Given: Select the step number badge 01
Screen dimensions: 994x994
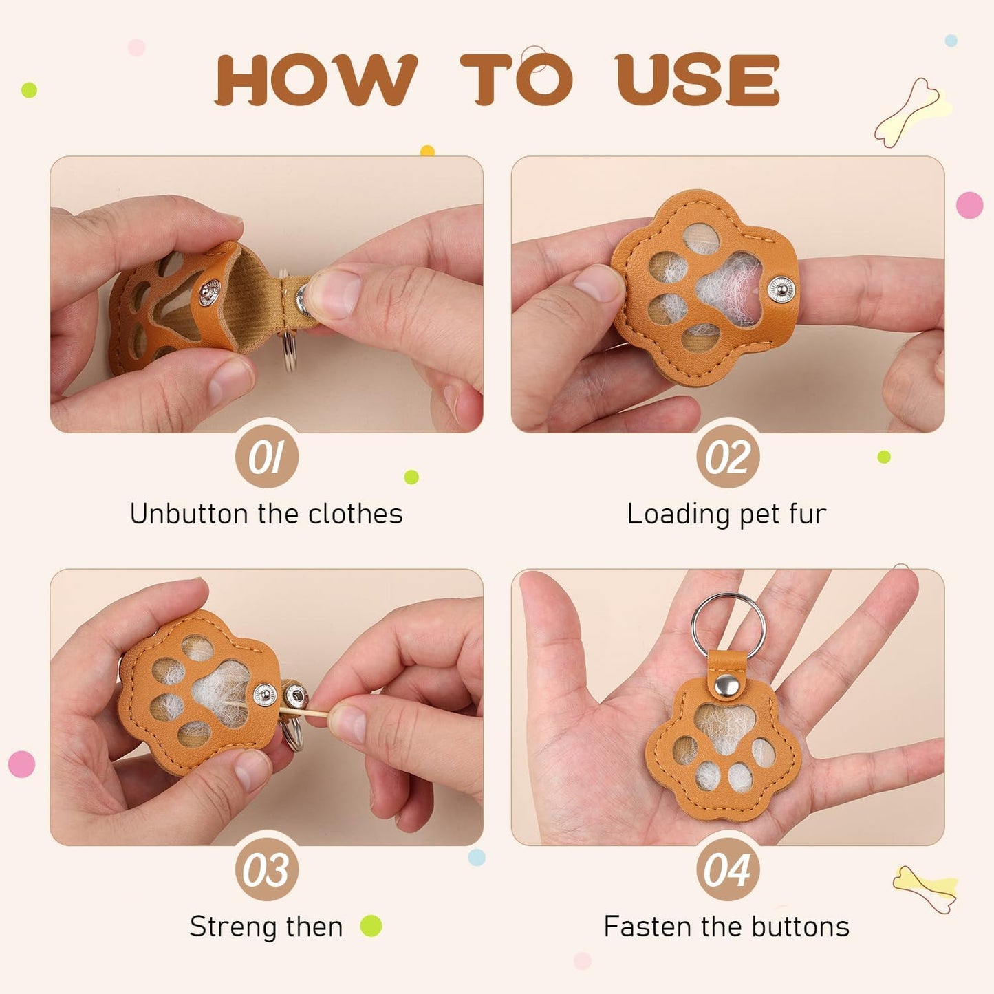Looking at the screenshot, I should pyautogui.click(x=266, y=457).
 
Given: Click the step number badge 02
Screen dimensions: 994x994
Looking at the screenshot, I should pyautogui.click(x=728, y=457).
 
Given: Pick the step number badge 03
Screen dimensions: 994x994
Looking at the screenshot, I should pyautogui.click(x=266, y=869).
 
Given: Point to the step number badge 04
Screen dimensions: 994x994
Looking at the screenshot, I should pyautogui.click(x=728, y=869).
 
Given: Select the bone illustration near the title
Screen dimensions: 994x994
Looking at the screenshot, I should pyautogui.click(x=911, y=112).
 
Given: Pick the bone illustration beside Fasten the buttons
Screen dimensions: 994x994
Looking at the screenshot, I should pyautogui.click(x=925, y=888).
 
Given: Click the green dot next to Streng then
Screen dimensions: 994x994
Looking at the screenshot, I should pyautogui.click(x=371, y=926).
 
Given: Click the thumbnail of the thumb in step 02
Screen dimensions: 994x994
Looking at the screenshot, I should pyautogui.click(x=597, y=283).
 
